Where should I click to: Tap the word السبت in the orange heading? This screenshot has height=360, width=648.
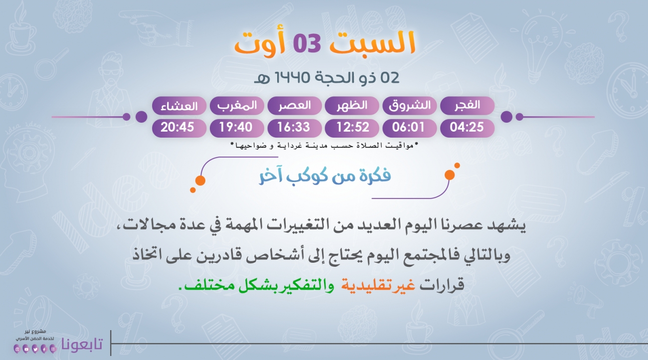tap(373, 43)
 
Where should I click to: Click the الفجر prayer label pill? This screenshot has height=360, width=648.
tap(467, 106)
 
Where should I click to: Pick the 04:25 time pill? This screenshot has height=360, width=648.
tap(467, 128)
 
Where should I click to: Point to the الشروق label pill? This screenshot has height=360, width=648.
tap(410, 106)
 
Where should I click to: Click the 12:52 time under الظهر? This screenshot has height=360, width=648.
tap(352, 128)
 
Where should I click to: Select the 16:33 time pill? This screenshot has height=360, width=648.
tap(295, 128)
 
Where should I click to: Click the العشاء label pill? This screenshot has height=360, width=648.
tap(179, 106)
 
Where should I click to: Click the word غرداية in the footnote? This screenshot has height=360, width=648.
tap(289, 146)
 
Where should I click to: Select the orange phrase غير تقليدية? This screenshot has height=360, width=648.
tap(378, 285)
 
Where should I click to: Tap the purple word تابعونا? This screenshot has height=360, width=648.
tap(82, 344)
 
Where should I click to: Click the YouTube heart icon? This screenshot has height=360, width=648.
tap(26, 349)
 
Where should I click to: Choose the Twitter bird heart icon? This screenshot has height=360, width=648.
tap(35, 349)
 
